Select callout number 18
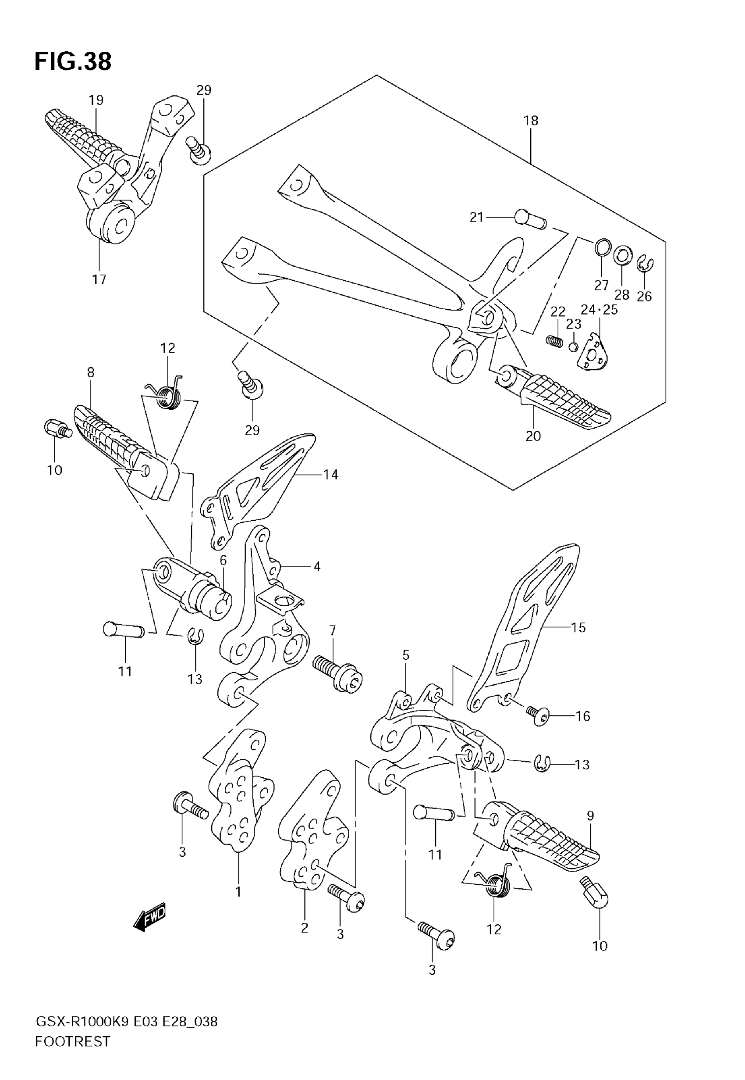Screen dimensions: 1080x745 [x=531, y=121]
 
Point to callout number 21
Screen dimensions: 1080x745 [x=476, y=217]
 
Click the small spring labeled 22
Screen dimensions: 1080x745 [x=553, y=340]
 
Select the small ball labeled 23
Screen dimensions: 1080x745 [x=574, y=347]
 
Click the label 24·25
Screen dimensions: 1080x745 [x=599, y=309]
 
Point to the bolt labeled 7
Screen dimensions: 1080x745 [x=337, y=673]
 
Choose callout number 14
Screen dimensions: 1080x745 [x=330, y=475]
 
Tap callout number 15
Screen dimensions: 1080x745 [x=578, y=627]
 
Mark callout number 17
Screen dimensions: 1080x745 [x=99, y=279]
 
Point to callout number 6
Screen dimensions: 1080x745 [x=223, y=560]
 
